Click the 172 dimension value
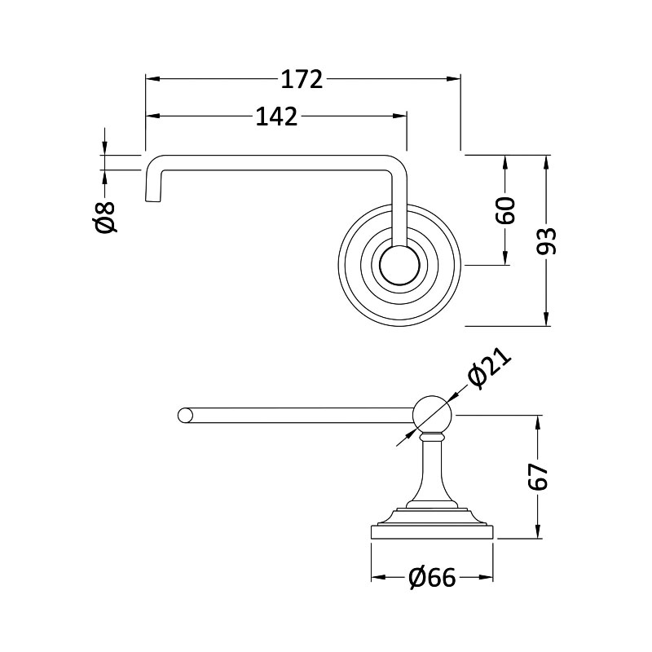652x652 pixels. (x=302, y=79)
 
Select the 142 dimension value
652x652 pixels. (x=276, y=117)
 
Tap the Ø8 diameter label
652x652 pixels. (x=104, y=217)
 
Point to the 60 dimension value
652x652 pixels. (x=505, y=210)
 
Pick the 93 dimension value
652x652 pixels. (x=546, y=241)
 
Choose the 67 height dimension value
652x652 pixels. (x=539, y=477)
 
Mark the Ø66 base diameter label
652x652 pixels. (x=433, y=578)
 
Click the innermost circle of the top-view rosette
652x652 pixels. (x=399, y=266)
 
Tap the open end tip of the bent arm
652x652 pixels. (x=153, y=201)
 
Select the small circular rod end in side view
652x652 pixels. (x=186, y=416)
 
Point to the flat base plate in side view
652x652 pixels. (x=432, y=532)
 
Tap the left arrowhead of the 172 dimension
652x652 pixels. (x=152, y=78)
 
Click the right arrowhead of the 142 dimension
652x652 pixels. (x=399, y=116)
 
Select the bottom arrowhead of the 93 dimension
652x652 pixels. (x=546, y=319)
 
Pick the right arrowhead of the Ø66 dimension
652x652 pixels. (x=486, y=577)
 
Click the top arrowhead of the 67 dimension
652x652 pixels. (x=539, y=422)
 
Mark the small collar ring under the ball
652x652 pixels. (x=433, y=438)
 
